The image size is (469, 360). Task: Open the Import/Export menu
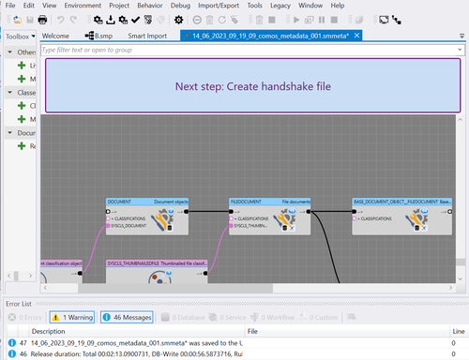tap(218, 6)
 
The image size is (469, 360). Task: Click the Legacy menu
tap(280, 6)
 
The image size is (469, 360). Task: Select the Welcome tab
tap(56, 36)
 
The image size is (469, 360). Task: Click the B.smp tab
tap(102, 36)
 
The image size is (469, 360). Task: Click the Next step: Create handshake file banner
tap(252, 86)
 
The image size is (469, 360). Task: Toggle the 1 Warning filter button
tap(71, 318)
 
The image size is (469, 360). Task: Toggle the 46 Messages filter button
tap(127, 318)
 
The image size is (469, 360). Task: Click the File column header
tap(252, 331)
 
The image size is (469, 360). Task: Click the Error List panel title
tap(19, 304)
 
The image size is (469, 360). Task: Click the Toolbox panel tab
tap(16, 36)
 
